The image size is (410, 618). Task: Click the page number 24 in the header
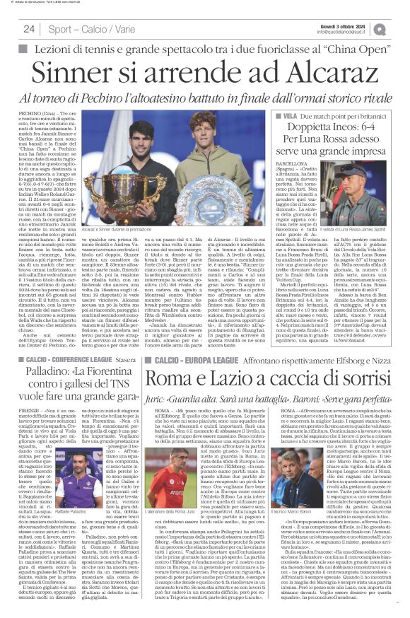pyautogui.click(x=29, y=29)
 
